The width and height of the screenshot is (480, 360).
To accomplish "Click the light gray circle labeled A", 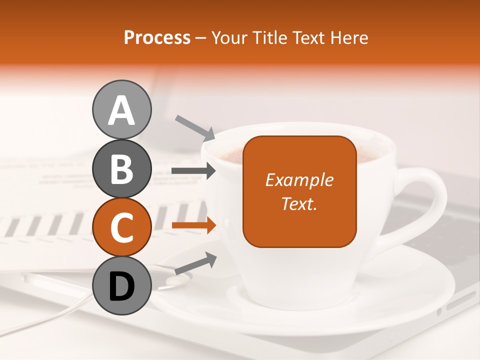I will [x=121, y=109].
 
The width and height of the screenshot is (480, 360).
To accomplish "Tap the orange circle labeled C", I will [x=121, y=227].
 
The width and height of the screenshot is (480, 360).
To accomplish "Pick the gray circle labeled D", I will [x=121, y=286].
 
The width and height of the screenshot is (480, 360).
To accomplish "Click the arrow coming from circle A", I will [x=195, y=127].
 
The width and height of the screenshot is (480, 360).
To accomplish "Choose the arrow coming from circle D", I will [x=195, y=264].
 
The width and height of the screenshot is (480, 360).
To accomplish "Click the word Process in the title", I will [x=157, y=37].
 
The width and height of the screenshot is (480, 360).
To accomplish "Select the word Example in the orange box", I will [x=299, y=180].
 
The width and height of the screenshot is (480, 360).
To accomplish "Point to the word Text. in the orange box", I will [x=299, y=203].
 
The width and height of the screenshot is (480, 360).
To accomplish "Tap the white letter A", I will [x=121, y=111].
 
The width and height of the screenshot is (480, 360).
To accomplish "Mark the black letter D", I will [x=121, y=286].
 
